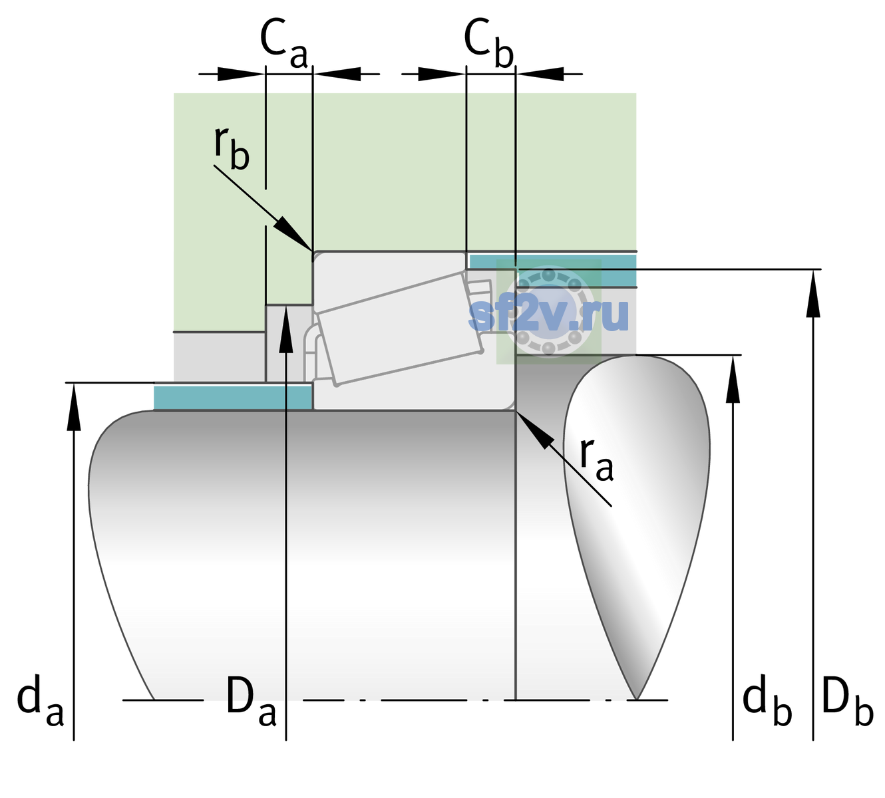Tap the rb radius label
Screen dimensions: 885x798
coord(232,148)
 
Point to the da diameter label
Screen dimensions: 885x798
coord(40,700)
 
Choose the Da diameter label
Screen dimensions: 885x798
coord(251,700)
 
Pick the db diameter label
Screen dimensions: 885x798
coord(767,700)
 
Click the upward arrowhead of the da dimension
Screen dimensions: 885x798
coord(74,406)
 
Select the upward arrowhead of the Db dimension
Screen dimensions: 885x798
coord(813,293)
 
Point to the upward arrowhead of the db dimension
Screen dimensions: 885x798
coord(733,379)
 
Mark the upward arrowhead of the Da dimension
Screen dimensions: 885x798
coord(286,329)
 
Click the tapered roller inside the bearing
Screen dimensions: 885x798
coord(400,329)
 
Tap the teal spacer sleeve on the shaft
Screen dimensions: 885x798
coord(232,397)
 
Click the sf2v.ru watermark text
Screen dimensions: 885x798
coord(548,314)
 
